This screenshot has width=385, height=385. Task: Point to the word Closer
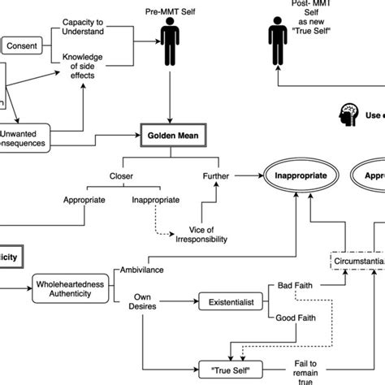[122, 174]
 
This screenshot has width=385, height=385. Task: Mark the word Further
[219, 174]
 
